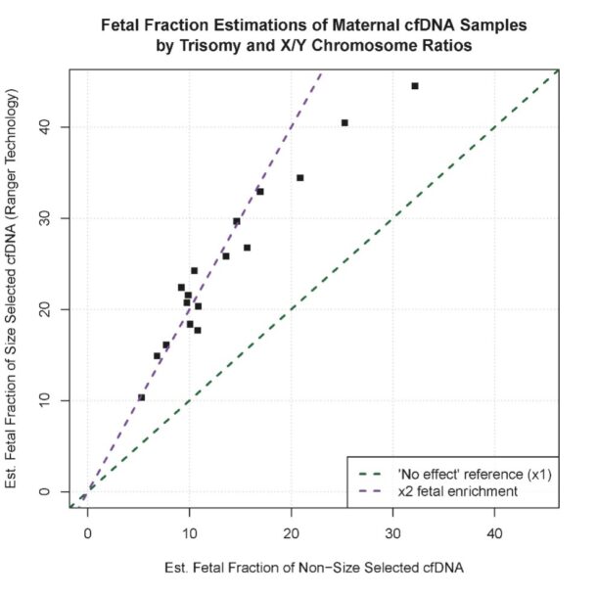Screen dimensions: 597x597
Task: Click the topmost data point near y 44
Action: click(x=415, y=86)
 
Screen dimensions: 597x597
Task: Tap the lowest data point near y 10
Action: click(x=141, y=397)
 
